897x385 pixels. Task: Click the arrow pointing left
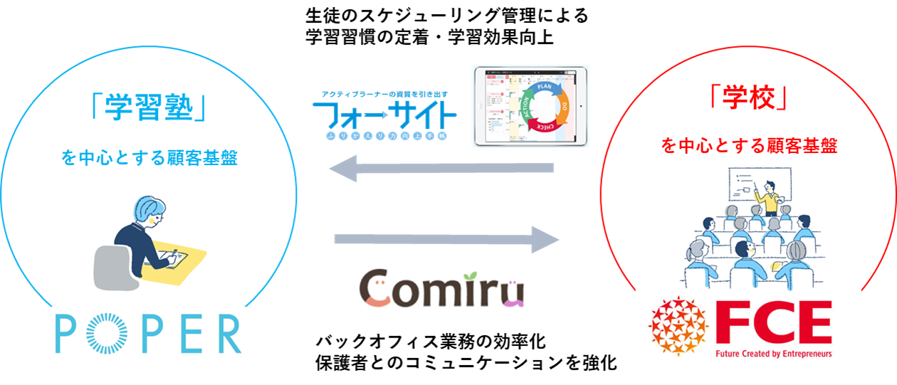click(x=441, y=169)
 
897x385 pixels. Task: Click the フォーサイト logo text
click(x=384, y=114)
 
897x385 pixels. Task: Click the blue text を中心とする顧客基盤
click(x=149, y=159)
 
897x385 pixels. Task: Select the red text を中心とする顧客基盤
click(x=748, y=147)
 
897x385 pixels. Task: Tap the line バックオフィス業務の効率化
click(x=430, y=342)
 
